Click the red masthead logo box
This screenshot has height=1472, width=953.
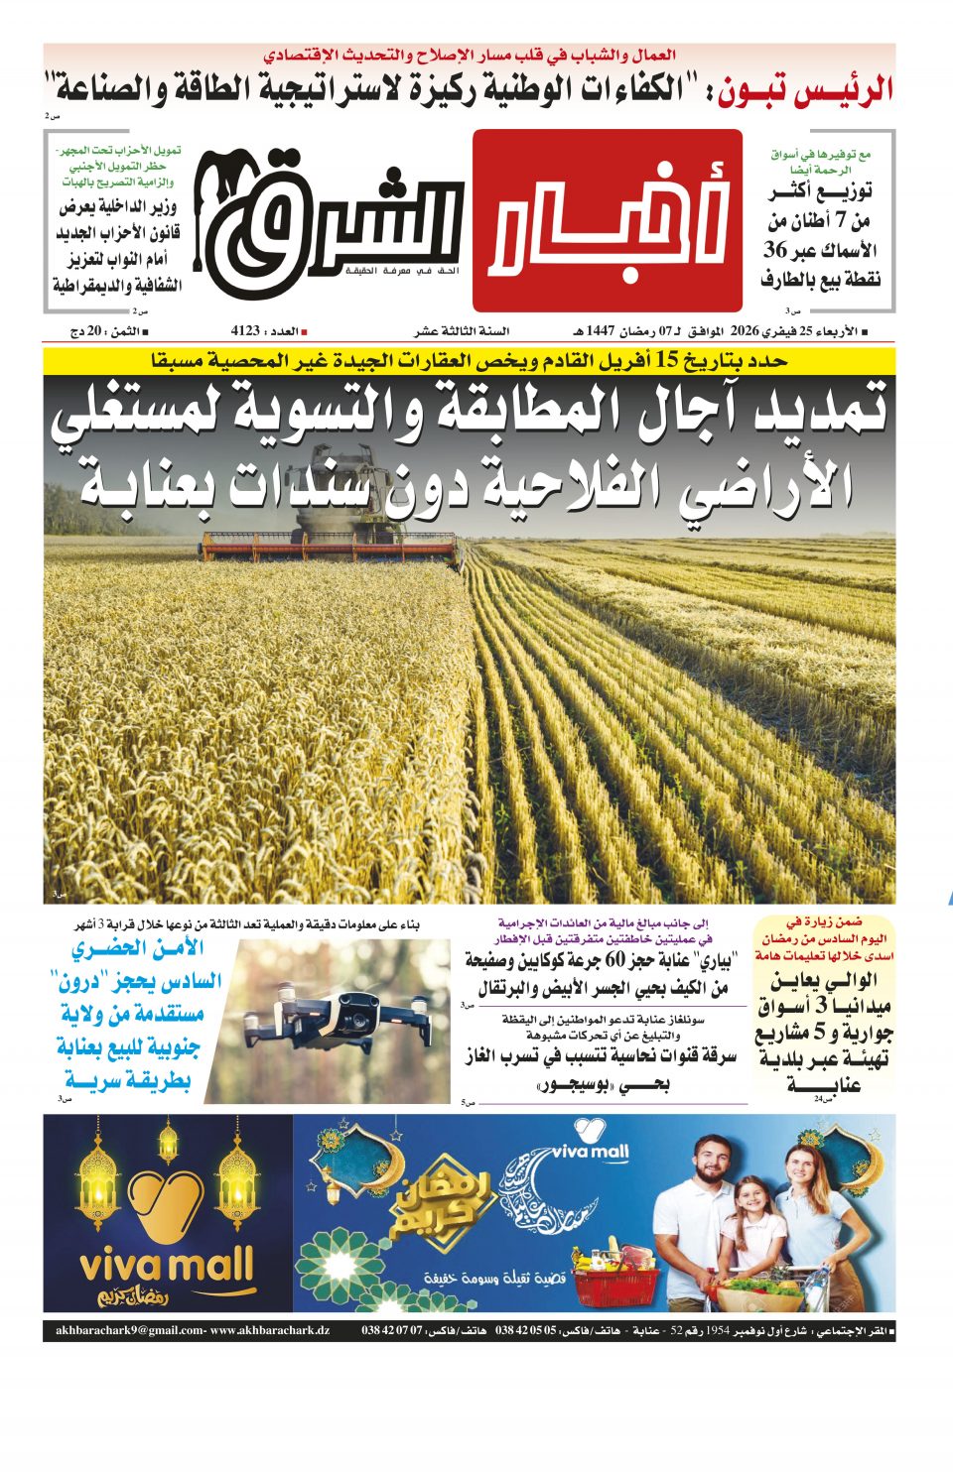(607, 220)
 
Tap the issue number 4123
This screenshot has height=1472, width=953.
(245, 331)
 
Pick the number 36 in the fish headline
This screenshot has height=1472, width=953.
(775, 250)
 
